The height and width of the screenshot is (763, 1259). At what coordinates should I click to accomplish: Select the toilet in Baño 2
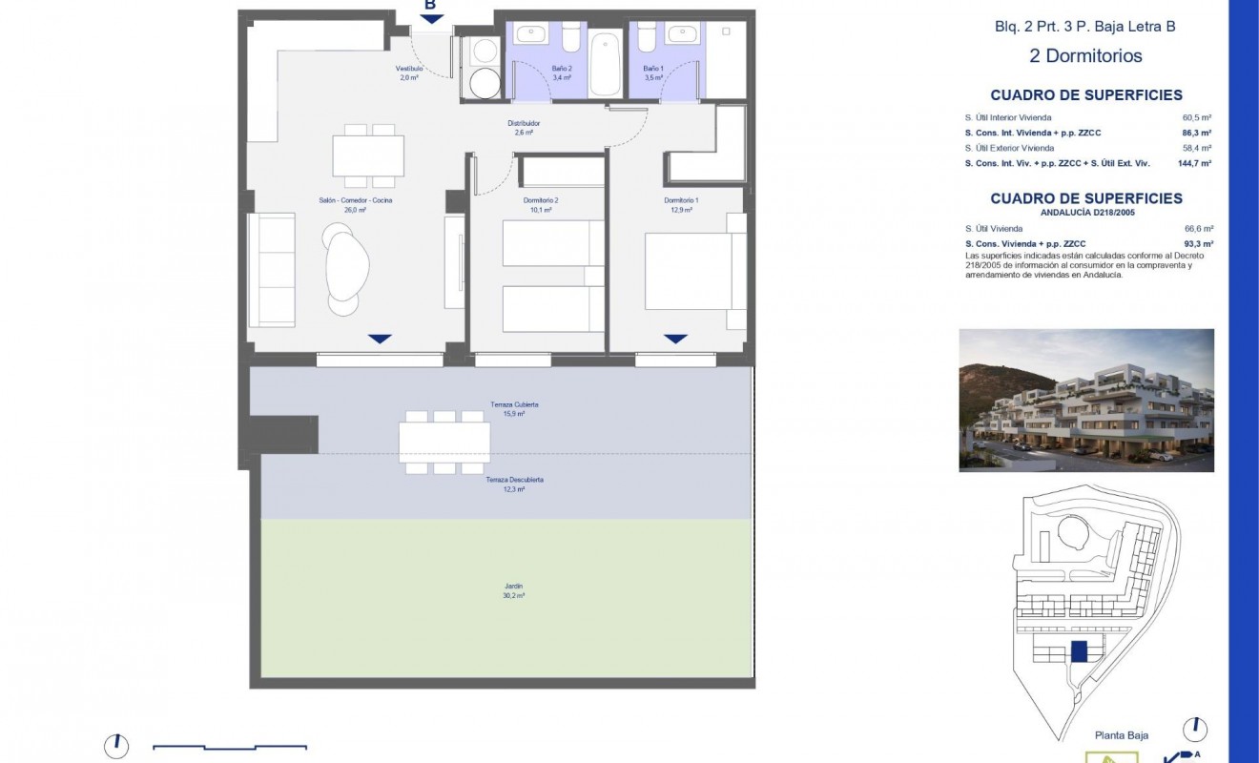coord(570,37)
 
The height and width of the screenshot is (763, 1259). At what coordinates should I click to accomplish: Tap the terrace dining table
coord(444,442)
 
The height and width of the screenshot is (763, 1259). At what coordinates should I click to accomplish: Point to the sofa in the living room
coord(271,271)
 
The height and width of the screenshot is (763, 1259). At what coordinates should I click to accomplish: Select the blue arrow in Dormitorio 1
coord(675,339)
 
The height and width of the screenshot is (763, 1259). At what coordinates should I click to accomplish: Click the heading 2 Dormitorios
coord(1085,55)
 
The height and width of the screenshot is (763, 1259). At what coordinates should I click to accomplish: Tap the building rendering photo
coord(1086,400)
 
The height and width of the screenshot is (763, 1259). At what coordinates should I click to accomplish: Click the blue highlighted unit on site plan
coord(1080,651)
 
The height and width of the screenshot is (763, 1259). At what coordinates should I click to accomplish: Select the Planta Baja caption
coord(1120,735)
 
